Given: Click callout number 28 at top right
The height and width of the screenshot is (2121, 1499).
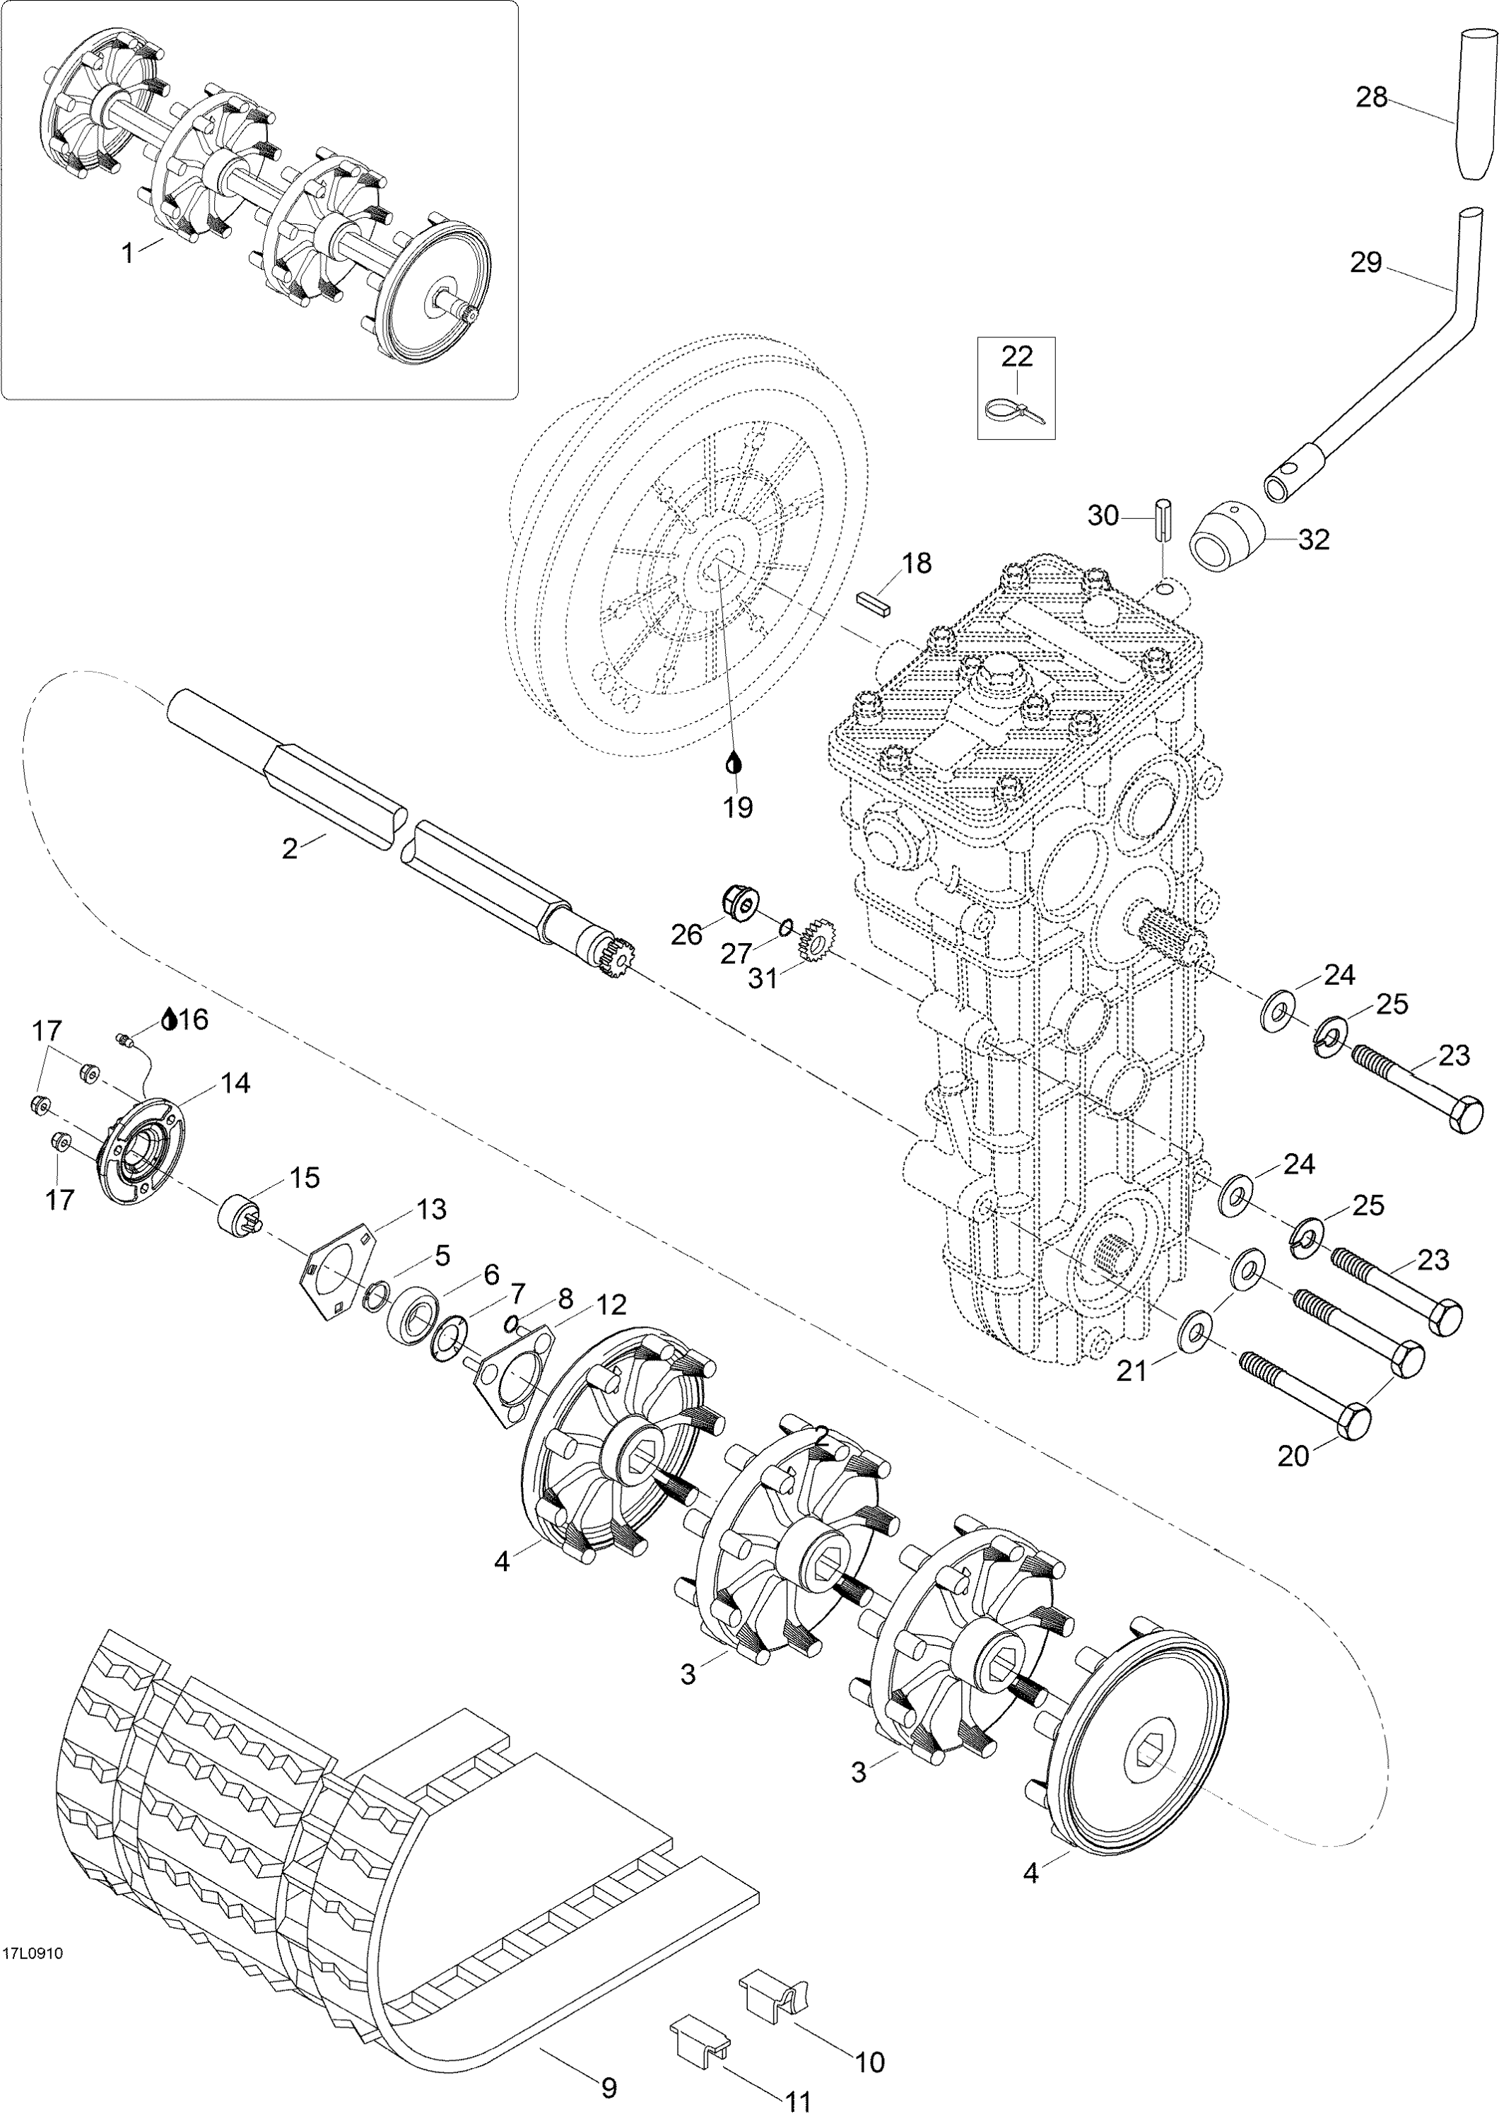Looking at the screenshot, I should [1372, 96].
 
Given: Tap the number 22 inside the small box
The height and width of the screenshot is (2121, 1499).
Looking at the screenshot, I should [1016, 356].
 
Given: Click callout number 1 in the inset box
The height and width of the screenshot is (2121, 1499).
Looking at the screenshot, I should [129, 251].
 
